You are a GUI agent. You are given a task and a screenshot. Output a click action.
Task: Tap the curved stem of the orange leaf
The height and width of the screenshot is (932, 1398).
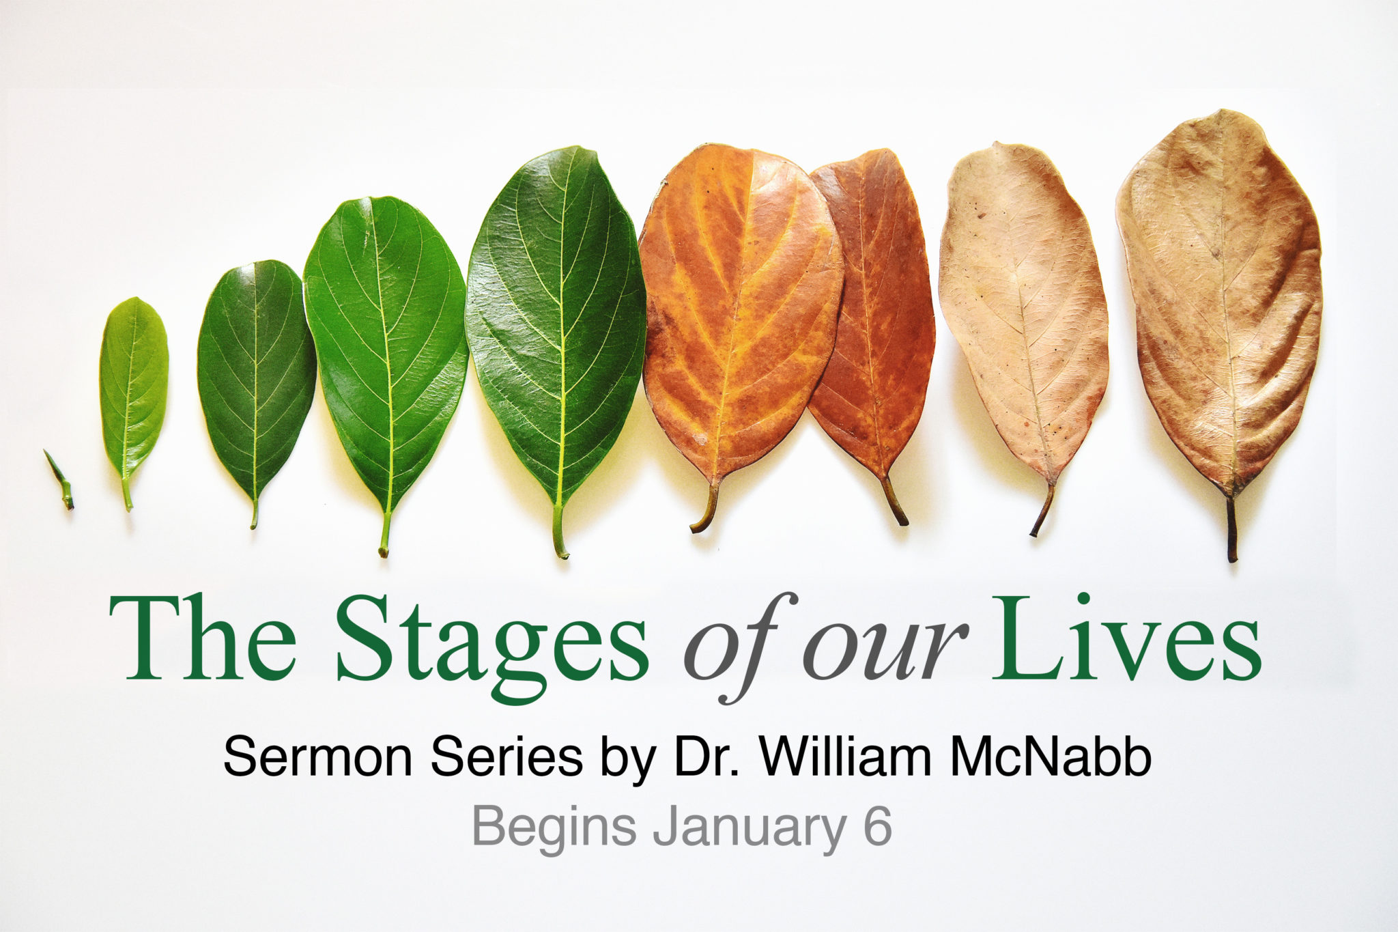(707, 509)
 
